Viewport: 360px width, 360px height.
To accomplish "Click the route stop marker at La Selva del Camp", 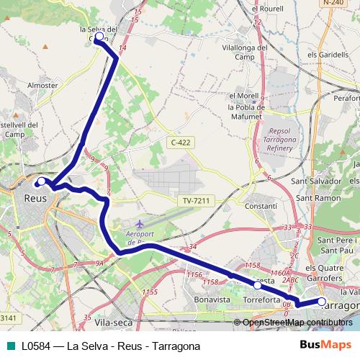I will pyautogui.click(x=99, y=36).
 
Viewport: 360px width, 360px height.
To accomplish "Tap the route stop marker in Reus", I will pyautogui.click(x=42, y=181).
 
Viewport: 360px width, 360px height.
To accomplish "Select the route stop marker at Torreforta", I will pyautogui.click(x=258, y=285).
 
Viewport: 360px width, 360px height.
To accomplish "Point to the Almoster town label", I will pyautogui.click(x=42, y=85).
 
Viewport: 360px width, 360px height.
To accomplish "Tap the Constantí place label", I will pyautogui.click(x=261, y=206).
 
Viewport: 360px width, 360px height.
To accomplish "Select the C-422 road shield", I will pyautogui.click(x=181, y=143).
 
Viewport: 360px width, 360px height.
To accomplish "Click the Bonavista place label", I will pyautogui.click(x=211, y=298).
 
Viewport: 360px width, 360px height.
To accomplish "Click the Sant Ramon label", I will pyautogui.click(x=318, y=197).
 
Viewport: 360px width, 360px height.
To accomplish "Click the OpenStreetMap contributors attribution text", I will pyautogui.click(x=297, y=323).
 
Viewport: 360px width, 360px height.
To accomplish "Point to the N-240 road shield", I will pyautogui.click(x=333, y=4).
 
